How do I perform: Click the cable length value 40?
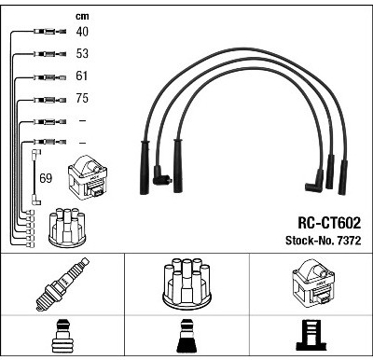click(82, 32)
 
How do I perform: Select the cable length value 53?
click(82, 53)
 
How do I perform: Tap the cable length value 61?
click(81, 76)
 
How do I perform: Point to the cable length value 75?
click(82, 98)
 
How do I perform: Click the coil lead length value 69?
click(46, 178)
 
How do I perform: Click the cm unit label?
click(82, 16)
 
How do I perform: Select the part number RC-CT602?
click(329, 223)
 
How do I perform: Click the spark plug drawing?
click(62, 284)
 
